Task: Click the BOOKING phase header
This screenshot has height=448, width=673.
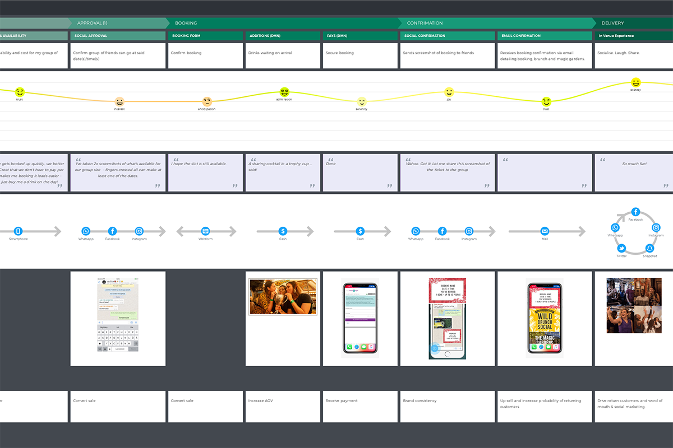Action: pos(186,23)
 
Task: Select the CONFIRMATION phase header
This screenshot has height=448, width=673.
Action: pos(425,23)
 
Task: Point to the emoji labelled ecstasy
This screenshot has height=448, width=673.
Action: pos(635,82)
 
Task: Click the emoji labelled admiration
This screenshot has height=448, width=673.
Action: pos(284,92)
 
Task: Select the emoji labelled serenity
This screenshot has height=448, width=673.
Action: pos(362,102)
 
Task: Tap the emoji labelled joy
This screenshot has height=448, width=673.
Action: pos(449,92)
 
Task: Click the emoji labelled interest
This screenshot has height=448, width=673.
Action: pos(119,102)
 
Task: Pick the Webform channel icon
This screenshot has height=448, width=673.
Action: pos(205,231)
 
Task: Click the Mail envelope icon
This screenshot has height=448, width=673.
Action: pos(545,231)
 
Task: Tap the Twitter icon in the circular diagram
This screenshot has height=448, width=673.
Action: pos(621,248)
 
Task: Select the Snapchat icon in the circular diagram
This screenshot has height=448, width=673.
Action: pos(649,248)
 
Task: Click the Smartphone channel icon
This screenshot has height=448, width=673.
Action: pos(18,231)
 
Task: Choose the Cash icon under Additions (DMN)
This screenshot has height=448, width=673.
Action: pos(283,231)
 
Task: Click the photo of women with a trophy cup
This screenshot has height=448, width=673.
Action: pos(283,297)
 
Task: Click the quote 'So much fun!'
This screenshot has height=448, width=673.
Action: pos(634,164)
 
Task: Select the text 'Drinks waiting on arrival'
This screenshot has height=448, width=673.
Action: pos(270,53)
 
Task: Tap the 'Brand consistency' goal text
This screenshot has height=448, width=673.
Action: pos(420,401)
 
